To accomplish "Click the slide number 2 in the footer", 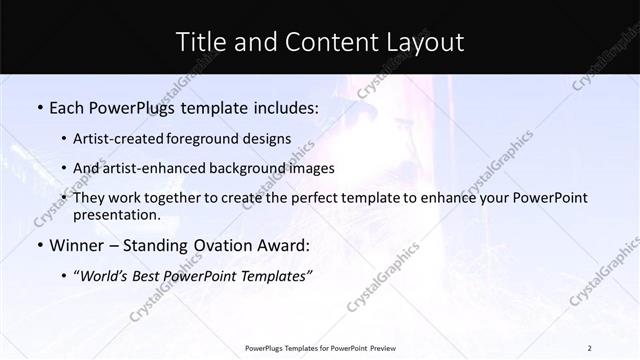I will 590,347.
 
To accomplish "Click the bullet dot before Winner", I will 39,245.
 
